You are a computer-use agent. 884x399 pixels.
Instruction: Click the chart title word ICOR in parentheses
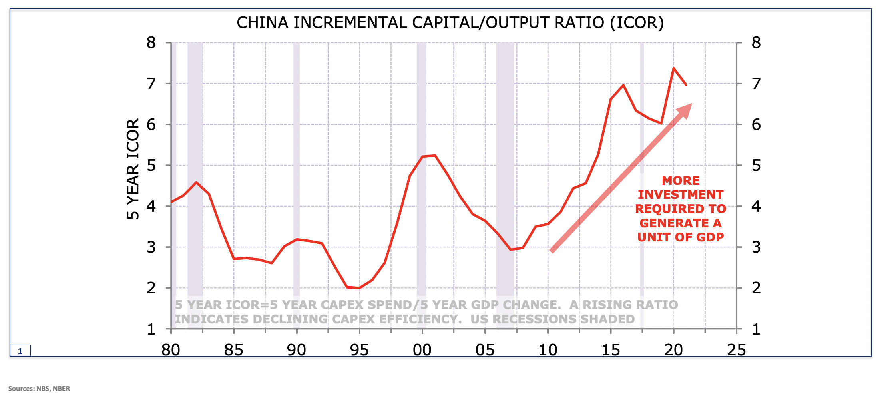click(637, 23)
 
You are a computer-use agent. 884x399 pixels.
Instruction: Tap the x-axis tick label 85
click(233, 350)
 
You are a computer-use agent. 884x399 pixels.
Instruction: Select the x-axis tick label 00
click(422, 350)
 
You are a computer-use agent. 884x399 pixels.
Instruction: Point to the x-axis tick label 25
click(736, 350)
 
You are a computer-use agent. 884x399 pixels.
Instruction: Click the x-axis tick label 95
click(359, 350)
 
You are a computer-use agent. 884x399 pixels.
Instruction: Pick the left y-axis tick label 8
click(151, 42)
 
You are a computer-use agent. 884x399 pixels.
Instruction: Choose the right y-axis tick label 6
click(756, 125)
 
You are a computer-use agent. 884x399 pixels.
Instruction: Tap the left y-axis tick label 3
click(151, 247)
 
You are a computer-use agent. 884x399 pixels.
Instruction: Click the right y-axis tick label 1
click(756, 329)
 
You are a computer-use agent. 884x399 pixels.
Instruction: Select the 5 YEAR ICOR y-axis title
click(133, 169)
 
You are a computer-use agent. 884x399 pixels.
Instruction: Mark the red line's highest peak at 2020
click(673, 68)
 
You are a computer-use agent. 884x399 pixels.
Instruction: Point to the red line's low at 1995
click(359, 288)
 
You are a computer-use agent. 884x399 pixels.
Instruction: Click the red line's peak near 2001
click(434, 155)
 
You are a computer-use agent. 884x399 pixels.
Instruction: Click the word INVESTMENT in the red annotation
click(680, 195)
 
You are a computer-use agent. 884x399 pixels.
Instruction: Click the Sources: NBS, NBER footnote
click(39, 389)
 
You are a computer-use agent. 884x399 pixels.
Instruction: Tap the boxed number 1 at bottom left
click(20, 351)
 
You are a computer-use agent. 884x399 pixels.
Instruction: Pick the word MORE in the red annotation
click(680, 180)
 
